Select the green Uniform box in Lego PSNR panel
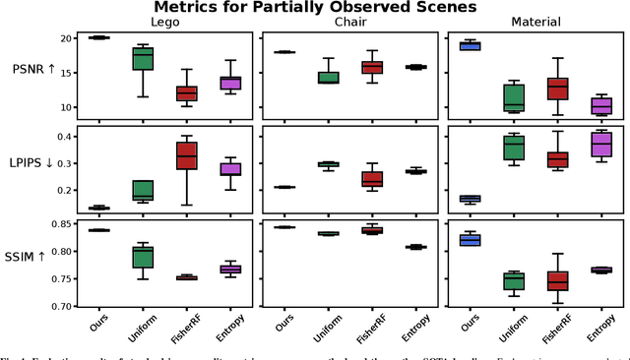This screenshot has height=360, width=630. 144,58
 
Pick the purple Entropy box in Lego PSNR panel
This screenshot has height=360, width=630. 230,83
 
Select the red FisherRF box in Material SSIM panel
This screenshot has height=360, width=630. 557,280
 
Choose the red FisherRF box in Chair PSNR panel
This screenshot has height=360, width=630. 372,67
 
